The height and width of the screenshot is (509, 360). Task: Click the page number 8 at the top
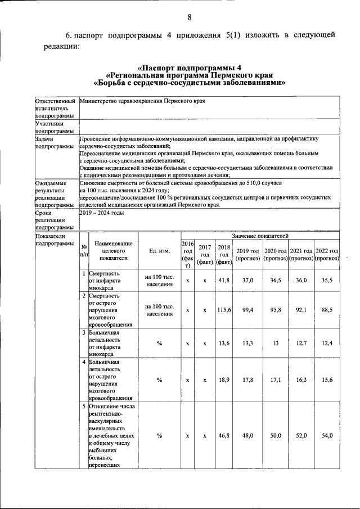coord(189,17)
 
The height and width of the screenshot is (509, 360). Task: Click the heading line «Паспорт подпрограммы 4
coord(189,68)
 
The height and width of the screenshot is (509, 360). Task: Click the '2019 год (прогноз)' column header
coord(247,254)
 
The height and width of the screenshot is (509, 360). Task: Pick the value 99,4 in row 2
coord(247,309)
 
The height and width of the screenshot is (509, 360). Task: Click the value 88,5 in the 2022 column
coord(327,309)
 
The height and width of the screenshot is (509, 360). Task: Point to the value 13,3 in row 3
coord(247,343)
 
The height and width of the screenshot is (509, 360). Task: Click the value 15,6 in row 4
coord(327,380)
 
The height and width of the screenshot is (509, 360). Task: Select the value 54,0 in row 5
coord(327,436)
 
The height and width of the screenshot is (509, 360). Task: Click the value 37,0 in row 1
coord(247,280)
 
